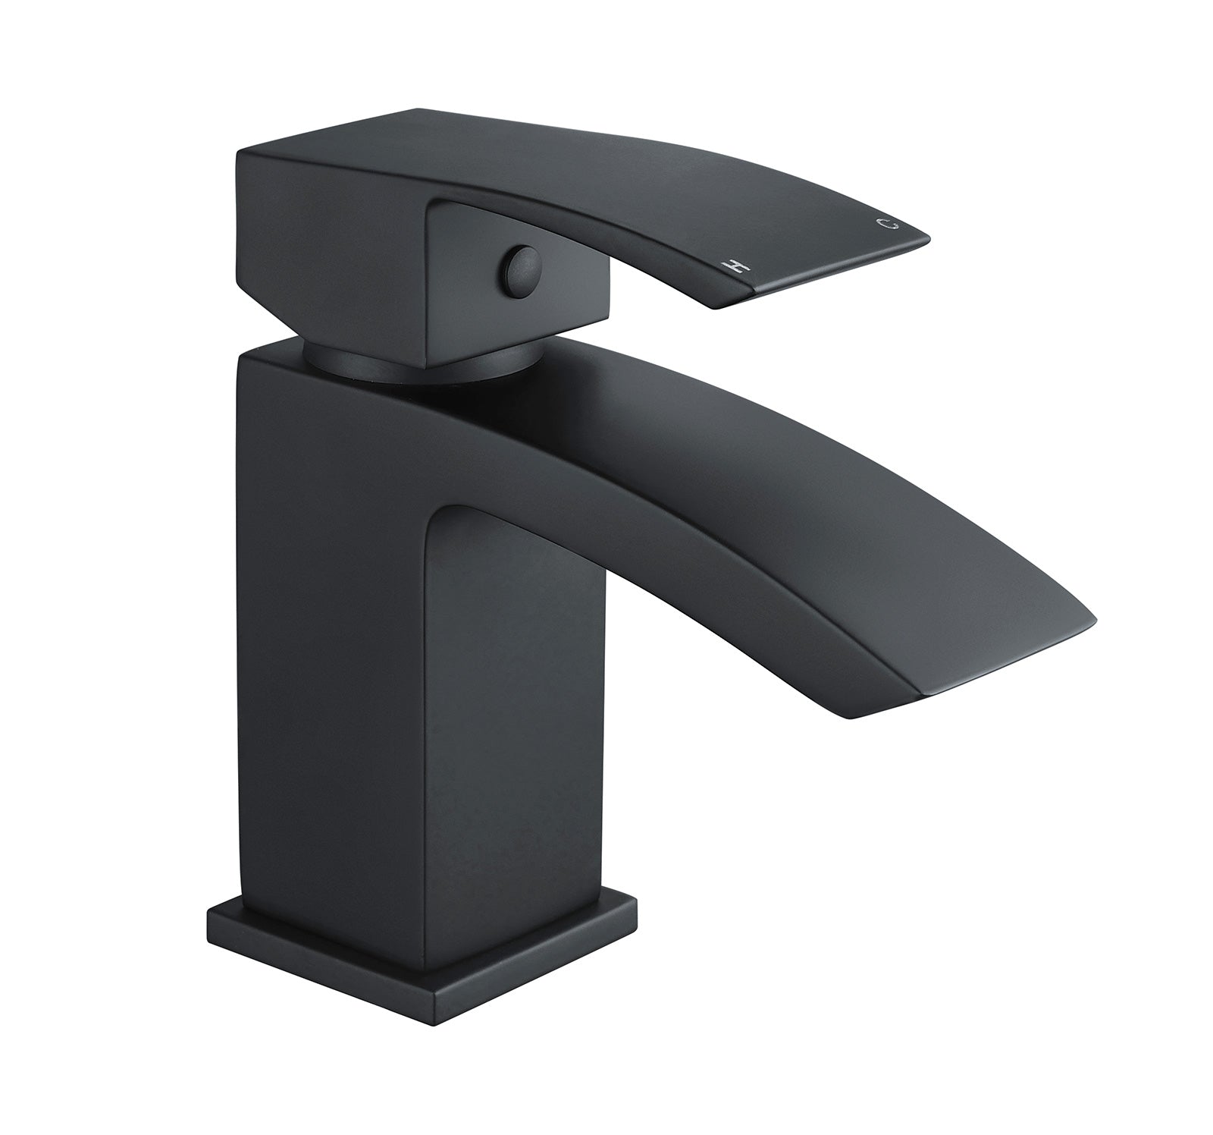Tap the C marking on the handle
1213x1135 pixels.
pyautogui.click(x=883, y=224)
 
